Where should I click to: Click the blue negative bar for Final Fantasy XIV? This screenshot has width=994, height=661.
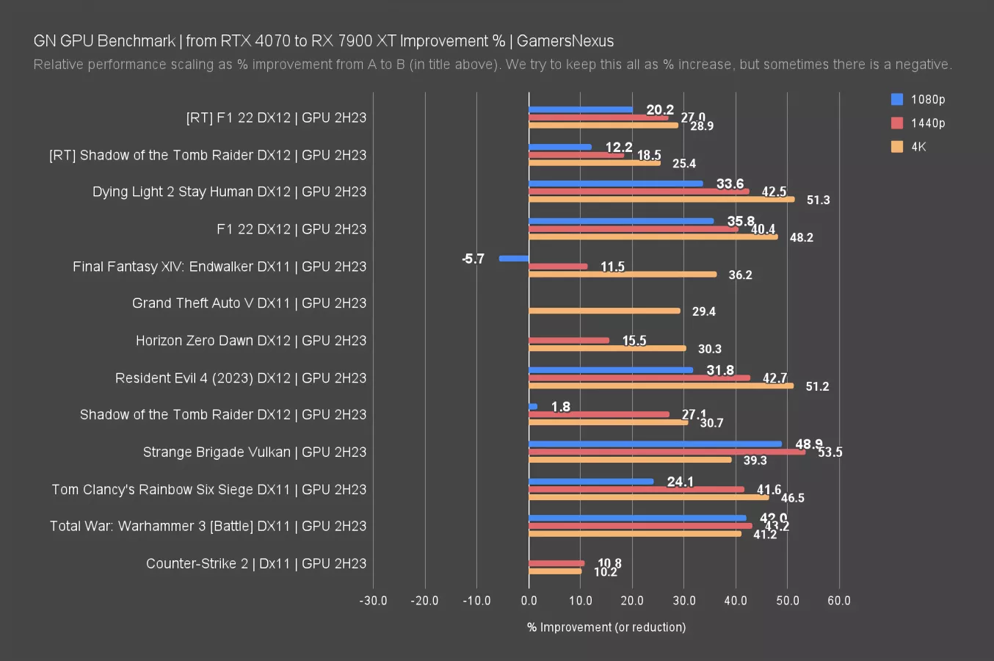pos(514,259)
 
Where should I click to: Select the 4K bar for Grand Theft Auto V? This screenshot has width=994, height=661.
pos(604,311)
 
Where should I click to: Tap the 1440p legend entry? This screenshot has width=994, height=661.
pos(918,123)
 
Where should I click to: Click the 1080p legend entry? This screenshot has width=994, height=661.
pos(918,99)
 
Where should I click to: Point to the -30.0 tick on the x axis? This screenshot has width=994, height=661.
pos(373,601)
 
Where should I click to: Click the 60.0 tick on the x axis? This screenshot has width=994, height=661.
pos(839,601)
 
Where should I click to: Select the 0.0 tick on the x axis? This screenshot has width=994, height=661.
pos(529,601)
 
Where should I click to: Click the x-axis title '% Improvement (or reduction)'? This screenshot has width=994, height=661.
pos(606,627)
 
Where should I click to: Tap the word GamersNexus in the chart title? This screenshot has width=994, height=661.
pos(565,41)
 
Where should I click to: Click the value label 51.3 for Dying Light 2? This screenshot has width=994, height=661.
pos(818,200)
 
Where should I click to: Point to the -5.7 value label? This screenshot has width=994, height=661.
pos(474,259)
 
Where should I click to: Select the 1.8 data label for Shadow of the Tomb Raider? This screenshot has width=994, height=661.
pos(560,407)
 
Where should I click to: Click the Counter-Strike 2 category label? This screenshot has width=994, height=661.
pos(255,563)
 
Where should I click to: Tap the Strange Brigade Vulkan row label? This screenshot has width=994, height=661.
pos(254,452)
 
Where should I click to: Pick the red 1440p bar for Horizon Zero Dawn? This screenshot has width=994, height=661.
pos(569,340)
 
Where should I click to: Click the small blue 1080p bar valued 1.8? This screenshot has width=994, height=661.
pos(533,407)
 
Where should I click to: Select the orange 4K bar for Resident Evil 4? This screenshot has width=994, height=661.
pos(661,386)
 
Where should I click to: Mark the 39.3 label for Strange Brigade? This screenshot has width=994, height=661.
pos(755,460)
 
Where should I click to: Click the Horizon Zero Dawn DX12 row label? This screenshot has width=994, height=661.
pos(250,340)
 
